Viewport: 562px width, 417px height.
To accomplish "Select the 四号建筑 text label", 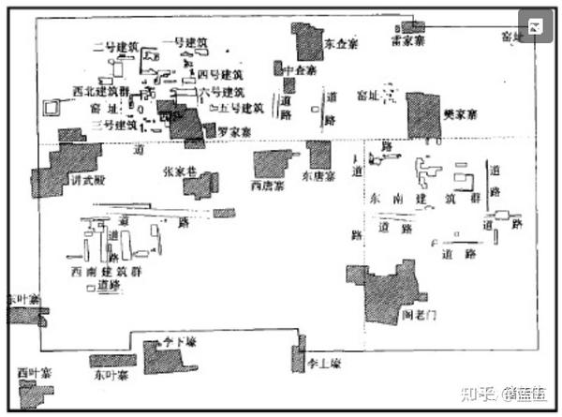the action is (221, 73).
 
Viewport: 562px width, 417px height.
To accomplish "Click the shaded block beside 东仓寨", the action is (306, 41).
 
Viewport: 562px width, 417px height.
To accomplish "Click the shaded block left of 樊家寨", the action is (422, 114).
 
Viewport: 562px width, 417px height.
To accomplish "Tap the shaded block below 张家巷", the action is (200, 185).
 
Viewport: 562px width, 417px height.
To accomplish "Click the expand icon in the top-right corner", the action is (533, 26).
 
